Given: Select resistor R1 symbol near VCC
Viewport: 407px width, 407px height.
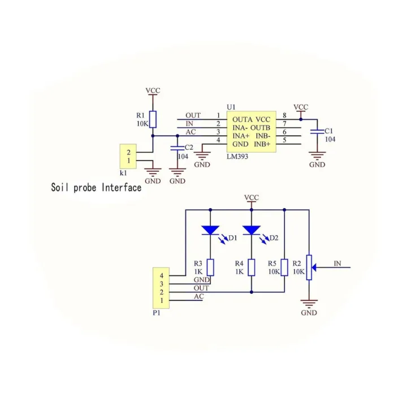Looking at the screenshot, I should [x=153, y=119].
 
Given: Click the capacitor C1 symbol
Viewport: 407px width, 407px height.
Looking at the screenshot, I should [x=317, y=132].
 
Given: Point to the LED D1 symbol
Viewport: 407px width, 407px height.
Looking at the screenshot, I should [x=210, y=231].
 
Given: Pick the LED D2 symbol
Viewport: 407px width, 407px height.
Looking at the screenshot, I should [x=252, y=231].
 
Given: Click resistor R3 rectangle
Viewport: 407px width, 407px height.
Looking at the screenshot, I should [x=210, y=267].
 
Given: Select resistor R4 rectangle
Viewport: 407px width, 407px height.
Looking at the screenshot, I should [x=252, y=267].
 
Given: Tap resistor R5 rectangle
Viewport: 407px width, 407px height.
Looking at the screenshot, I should [x=284, y=267].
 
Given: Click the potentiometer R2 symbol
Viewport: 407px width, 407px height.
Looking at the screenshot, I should [x=309, y=266].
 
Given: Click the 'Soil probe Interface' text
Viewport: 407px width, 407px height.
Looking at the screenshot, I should [x=96, y=188].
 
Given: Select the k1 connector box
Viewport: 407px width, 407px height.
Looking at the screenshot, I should [x=129, y=156].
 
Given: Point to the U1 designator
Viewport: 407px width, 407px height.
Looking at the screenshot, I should [x=230, y=107].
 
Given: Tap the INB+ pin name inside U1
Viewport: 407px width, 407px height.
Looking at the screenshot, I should [x=263, y=145].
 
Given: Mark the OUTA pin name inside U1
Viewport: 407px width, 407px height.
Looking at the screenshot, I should [x=241, y=119].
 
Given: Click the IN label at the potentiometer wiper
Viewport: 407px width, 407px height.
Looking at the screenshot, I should [x=337, y=263].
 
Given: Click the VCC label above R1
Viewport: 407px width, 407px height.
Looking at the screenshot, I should [x=153, y=90].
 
